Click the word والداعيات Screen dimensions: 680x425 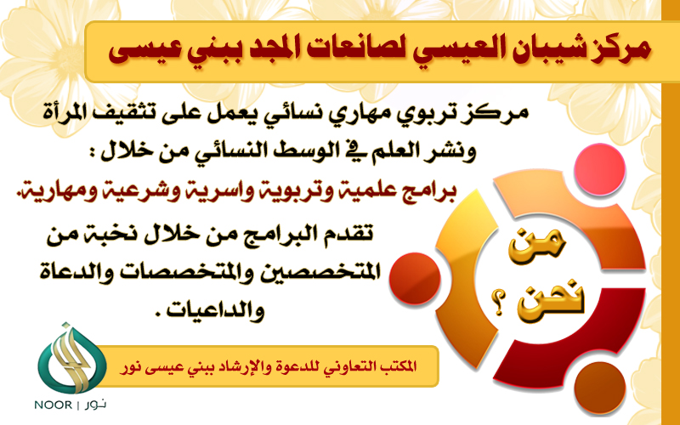pos(217,309)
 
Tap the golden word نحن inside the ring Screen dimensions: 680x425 pos(551,298)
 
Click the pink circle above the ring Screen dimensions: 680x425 pos(599,169)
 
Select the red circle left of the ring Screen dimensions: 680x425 pos(415,279)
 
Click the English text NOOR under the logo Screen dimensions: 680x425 pos(54,405)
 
